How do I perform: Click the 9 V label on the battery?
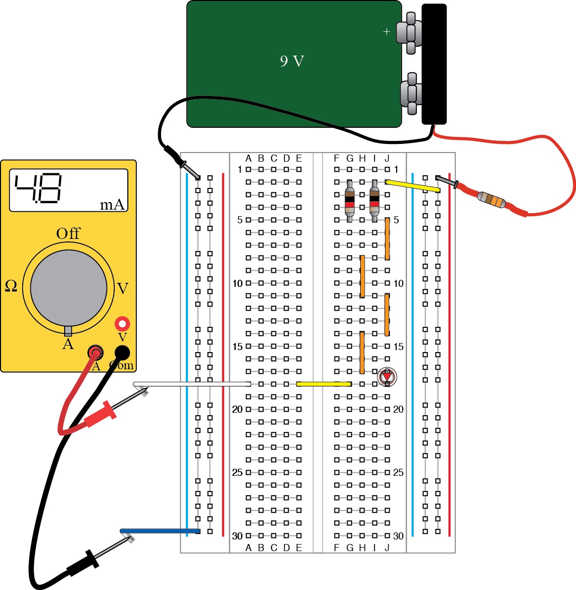pyautogui.click(x=292, y=62)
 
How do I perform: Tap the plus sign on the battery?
pyautogui.click(x=387, y=32)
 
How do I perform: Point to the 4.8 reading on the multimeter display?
pyautogui.click(x=38, y=188)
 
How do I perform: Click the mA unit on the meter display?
pyautogui.click(x=112, y=205)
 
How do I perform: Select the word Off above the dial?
pyautogui.click(x=68, y=233)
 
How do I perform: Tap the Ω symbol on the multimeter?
pyautogui.click(x=11, y=286)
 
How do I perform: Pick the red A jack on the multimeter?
pyautogui.click(x=95, y=352)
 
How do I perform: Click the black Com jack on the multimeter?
pyautogui.click(x=122, y=352)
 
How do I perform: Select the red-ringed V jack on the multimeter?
pyautogui.click(x=122, y=323)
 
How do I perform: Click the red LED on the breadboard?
pyautogui.click(x=387, y=376)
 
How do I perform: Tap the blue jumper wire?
pyautogui.click(x=160, y=531)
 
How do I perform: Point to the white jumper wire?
pyautogui.click(x=192, y=384)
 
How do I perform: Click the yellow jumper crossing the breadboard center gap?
pyautogui.click(x=323, y=384)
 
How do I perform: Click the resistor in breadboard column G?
pyautogui.click(x=350, y=201)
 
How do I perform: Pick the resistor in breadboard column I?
pyautogui.click(x=374, y=201)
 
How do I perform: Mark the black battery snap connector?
pyautogui.click(x=434, y=64)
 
